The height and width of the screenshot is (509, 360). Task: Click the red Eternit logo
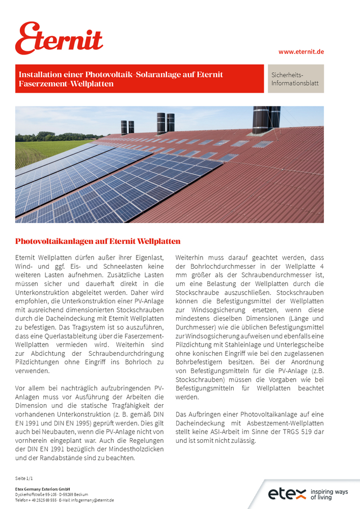(x=59, y=39)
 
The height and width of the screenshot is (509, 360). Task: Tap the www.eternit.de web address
(x=301, y=52)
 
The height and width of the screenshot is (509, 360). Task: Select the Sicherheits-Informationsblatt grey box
(x=295, y=79)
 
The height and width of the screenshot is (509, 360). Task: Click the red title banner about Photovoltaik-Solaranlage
(x=140, y=79)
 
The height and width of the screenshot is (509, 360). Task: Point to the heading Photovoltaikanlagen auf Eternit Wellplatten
(x=98, y=241)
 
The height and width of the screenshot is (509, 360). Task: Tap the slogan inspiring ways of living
(x=329, y=494)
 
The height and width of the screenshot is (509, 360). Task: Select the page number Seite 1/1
(x=24, y=479)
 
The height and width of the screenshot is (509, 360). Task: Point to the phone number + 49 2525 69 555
(x=43, y=500)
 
